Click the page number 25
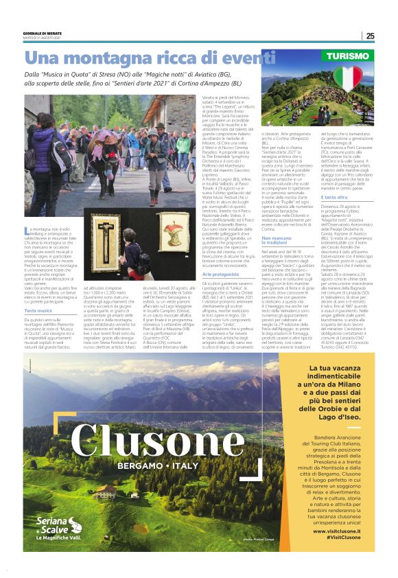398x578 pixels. tap(370, 36)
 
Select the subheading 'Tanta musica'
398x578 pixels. tap(38, 292)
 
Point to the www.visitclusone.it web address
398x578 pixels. tap(337, 531)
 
